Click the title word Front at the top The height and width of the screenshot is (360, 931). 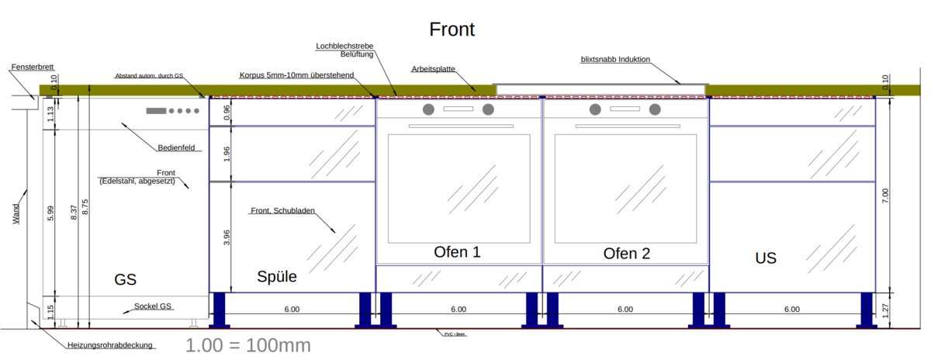(452, 30)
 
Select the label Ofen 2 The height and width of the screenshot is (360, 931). (626, 253)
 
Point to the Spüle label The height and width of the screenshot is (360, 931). (277, 276)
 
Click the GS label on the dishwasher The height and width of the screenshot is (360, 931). (125, 279)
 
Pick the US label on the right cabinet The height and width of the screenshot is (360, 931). (766, 258)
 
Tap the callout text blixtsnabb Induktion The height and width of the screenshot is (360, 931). (615, 59)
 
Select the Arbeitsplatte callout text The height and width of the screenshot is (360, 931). (433, 70)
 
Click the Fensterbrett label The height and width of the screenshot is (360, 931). (33, 67)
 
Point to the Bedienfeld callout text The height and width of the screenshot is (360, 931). (176, 147)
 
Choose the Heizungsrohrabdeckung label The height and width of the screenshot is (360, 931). (110, 344)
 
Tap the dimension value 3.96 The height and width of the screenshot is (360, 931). (227, 238)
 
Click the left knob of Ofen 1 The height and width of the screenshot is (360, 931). (428, 109)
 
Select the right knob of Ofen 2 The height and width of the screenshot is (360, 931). (655, 109)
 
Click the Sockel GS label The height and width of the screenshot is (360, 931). (153, 306)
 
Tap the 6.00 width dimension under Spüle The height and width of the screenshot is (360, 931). (292, 310)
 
